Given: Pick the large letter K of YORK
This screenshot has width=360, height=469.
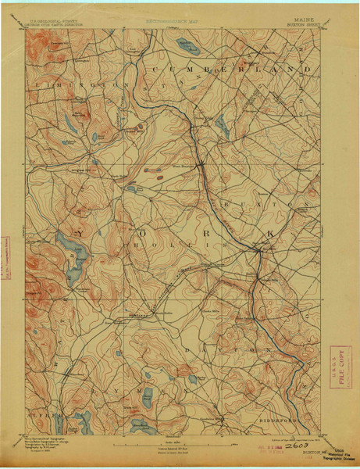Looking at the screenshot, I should (x=270, y=233).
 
